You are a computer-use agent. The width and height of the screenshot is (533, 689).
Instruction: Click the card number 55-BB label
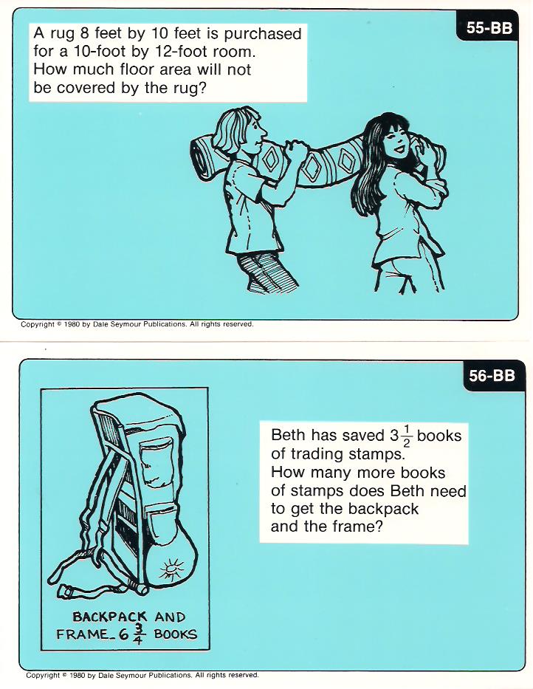pos(489,28)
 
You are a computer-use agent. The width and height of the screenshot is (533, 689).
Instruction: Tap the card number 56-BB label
pos(492,376)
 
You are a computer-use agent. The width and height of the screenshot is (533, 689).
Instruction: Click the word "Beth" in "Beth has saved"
pos(288,435)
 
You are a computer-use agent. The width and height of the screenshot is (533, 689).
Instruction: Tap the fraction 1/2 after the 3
pos(407,435)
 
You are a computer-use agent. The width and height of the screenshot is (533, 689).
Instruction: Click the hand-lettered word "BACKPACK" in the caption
pos(110,617)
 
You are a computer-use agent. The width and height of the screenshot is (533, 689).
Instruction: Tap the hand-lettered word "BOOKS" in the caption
pos(175,634)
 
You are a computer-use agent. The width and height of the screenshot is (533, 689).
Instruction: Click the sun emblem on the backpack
pos(171,570)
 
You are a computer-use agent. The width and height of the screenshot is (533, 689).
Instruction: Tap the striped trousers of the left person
pos(266,272)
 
